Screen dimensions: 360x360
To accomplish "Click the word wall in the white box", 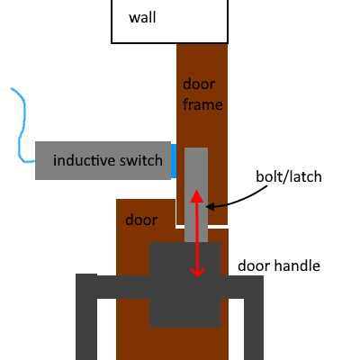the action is point(142,17).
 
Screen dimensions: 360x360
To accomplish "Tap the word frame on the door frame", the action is point(202,104).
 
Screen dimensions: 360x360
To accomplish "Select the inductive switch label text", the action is point(108,160).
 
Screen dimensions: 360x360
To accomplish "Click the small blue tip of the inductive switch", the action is point(174,161).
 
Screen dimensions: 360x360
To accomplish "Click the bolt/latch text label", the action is point(289,176).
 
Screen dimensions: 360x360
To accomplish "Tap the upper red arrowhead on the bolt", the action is point(197,195).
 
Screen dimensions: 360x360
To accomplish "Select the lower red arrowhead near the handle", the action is point(197,272).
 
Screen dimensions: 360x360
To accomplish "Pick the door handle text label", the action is point(279,265).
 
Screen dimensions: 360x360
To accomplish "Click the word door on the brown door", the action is point(141,220).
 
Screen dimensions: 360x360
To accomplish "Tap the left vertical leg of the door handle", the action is point(86,317).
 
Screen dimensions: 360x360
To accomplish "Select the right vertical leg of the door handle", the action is point(254,318).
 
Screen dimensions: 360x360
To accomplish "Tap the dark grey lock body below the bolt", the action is point(185,284).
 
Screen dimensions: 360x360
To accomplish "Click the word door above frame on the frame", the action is point(199,85).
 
